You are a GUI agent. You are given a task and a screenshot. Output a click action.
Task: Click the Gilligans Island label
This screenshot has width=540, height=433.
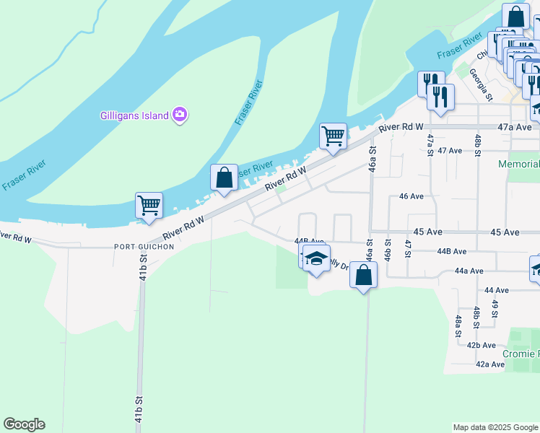[134, 115]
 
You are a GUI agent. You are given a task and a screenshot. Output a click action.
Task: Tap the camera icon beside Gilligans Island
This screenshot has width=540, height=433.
[180, 114]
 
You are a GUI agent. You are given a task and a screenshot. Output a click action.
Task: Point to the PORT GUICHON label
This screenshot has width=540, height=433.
[144, 246]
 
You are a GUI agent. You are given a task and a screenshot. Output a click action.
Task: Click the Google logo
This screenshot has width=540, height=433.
[24, 424]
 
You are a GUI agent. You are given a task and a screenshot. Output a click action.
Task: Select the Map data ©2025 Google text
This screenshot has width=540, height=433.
[495, 427]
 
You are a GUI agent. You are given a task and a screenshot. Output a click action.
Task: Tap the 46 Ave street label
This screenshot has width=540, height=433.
[411, 196]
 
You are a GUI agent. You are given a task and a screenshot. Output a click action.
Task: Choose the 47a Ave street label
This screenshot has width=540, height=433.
[515, 127]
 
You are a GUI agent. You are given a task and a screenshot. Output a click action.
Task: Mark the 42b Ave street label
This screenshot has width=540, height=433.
[481, 346]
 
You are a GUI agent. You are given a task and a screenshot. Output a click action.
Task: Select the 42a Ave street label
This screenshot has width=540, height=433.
[489, 364]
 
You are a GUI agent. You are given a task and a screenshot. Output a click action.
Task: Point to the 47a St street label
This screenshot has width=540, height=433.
[430, 144]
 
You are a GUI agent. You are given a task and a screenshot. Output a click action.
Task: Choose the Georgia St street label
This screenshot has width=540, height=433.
[481, 84]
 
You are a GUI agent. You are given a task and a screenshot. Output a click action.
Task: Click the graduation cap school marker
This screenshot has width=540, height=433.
[316, 259]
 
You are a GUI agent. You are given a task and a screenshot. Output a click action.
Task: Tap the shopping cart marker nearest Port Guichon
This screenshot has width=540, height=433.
[149, 205]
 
